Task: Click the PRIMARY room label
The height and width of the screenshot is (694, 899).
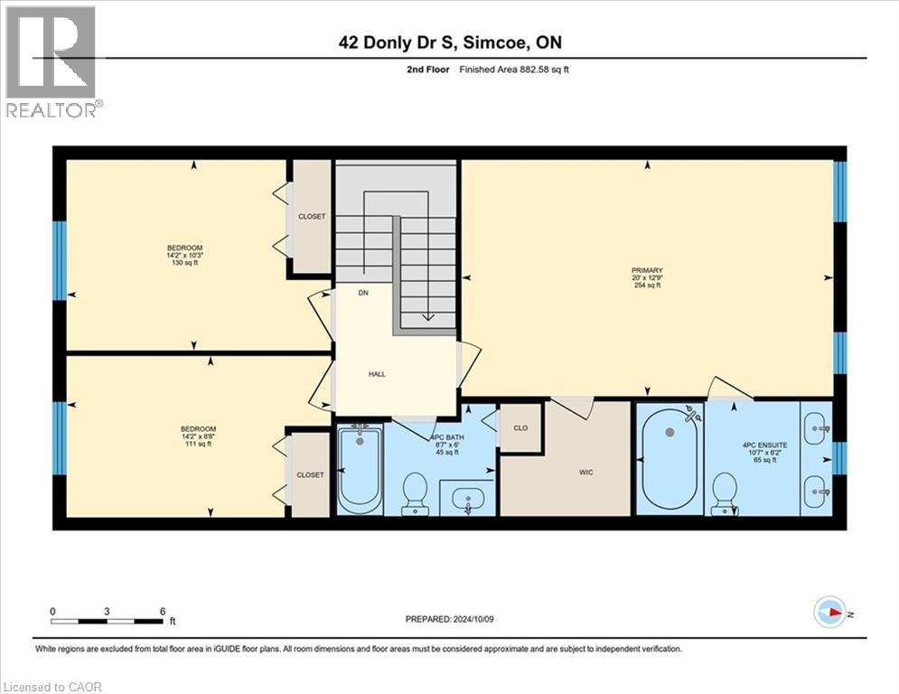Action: click(647, 270)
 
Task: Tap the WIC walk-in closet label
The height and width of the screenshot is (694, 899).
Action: click(585, 472)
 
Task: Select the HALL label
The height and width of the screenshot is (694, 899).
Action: click(377, 374)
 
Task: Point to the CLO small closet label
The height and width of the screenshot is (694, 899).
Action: click(520, 427)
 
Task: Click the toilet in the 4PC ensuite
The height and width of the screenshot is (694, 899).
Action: click(725, 493)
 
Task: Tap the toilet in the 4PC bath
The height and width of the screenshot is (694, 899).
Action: click(415, 492)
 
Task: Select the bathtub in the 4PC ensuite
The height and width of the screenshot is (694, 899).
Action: click(670, 460)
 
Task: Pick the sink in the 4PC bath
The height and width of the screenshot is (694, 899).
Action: click(469, 497)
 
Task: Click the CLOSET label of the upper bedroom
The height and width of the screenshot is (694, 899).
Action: click(312, 217)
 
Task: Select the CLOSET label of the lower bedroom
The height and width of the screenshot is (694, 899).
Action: click(310, 474)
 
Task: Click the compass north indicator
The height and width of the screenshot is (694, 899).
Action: click(829, 613)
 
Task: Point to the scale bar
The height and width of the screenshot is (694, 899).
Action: click(108, 620)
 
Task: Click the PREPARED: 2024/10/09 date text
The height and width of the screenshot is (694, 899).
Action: click(449, 619)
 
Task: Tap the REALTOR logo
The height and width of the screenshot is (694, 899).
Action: click(52, 61)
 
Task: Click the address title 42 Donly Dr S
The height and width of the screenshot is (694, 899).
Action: click(449, 42)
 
